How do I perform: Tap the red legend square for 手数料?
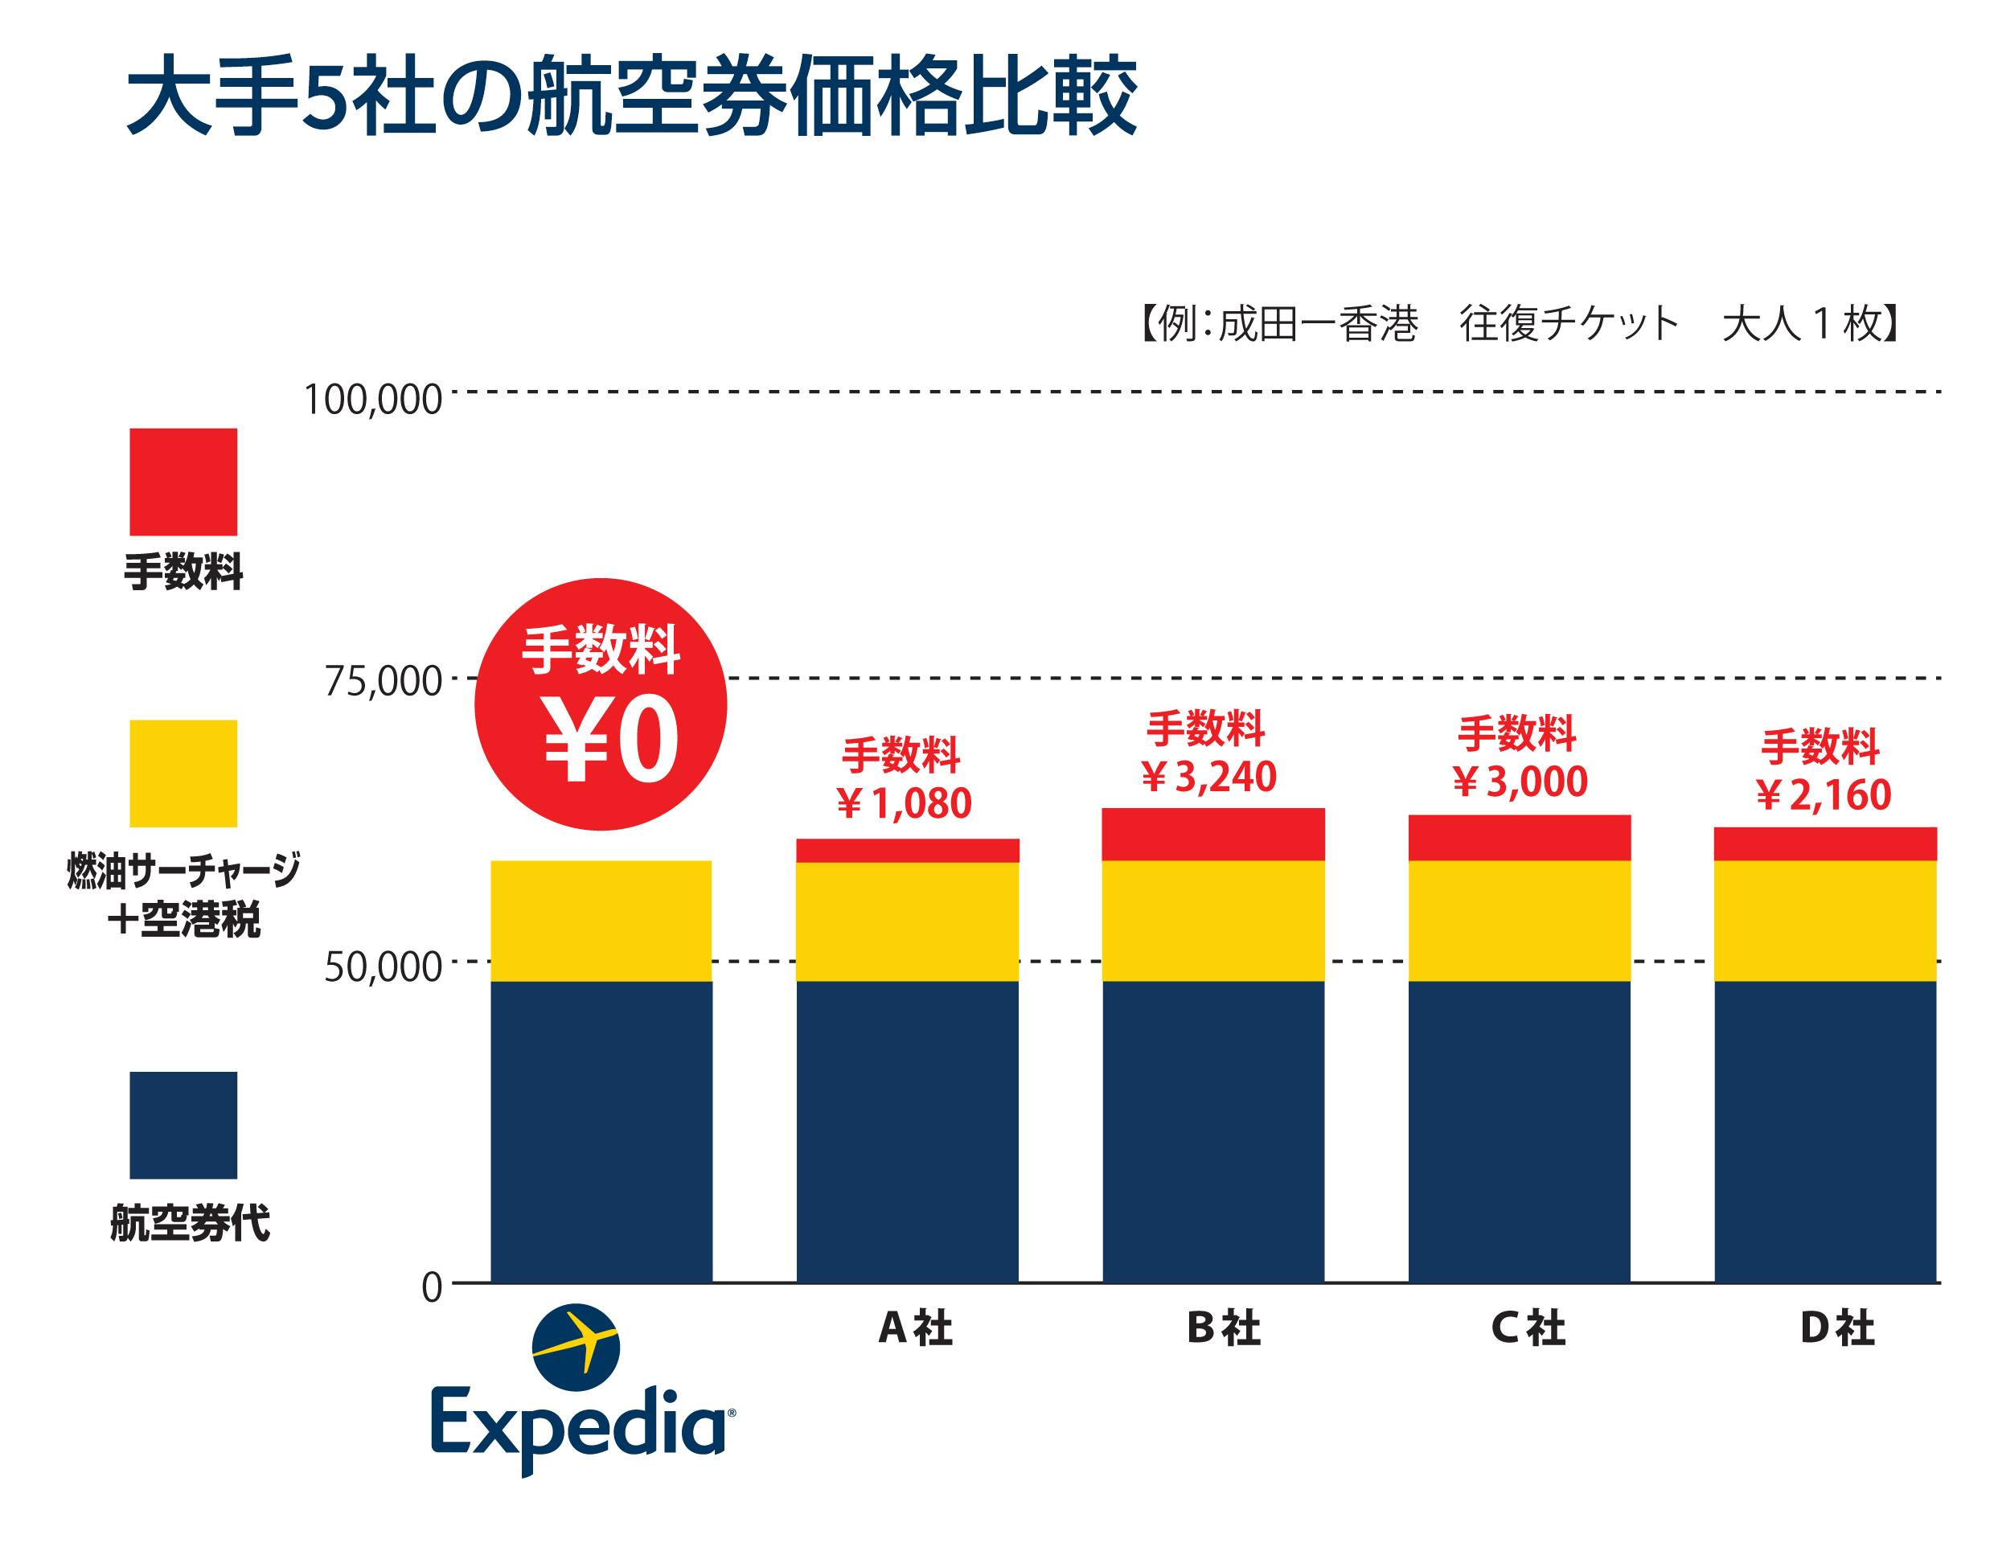point(183,482)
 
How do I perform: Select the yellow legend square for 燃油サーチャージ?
point(183,774)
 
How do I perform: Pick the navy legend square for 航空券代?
point(183,1125)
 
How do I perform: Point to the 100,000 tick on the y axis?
point(371,400)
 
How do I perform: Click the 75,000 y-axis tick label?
point(383,681)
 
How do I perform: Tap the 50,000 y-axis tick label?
point(383,966)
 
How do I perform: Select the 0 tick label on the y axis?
point(431,1287)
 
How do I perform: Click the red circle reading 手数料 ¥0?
point(601,704)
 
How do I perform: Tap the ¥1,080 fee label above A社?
point(905,803)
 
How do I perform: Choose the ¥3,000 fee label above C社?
point(1520,782)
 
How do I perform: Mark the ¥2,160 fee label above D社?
point(1824,795)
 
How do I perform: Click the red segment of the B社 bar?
point(1213,835)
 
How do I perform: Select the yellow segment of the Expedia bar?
point(601,921)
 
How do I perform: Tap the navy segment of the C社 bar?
point(1520,1132)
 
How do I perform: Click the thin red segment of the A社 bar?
point(908,850)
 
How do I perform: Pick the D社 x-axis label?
point(1836,1328)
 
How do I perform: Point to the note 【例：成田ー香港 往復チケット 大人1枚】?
point(1520,323)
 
